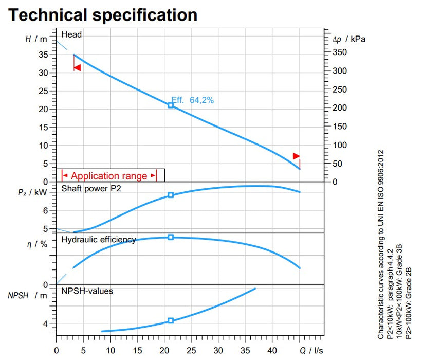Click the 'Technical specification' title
point(103,14)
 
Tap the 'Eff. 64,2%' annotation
point(193,100)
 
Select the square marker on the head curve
point(171,105)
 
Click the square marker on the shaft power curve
point(171,195)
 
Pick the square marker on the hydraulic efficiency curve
point(171,237)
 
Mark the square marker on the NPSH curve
point(171,321)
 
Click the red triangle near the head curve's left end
point(77,67)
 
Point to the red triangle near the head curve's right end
point(296,156)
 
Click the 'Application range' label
point(109,176)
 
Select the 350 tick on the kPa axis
point(340,52)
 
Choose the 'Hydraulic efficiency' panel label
point(99,239)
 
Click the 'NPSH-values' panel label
point(87,291)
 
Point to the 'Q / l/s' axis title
point(311,351)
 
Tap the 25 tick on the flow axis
point(191,351)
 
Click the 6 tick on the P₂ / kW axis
point(45,210)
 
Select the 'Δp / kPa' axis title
point(348,39)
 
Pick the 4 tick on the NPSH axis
point(45,323)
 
